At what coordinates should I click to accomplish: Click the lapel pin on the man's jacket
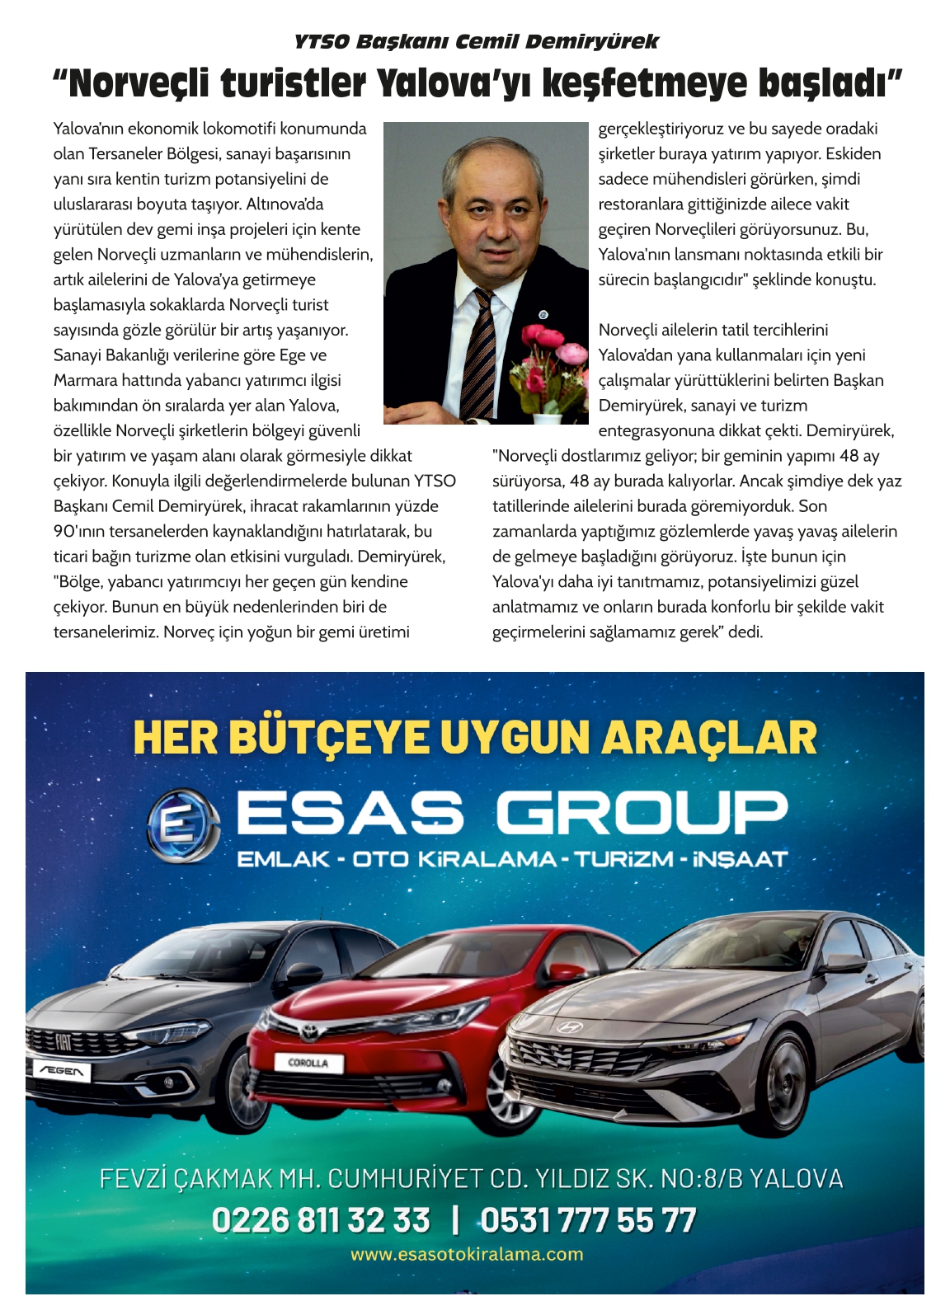543,314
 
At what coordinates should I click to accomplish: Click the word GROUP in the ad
642,813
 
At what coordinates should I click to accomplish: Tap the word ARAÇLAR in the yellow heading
708,738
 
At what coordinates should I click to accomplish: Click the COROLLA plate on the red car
308,1063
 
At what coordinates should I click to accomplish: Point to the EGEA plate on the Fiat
61,1071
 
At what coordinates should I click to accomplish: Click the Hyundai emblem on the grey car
567,1028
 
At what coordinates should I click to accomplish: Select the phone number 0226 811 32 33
321,1219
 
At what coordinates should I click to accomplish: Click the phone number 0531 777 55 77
588,1219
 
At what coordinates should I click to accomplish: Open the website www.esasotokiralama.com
467,1254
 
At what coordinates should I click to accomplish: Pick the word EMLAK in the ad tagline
283,859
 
